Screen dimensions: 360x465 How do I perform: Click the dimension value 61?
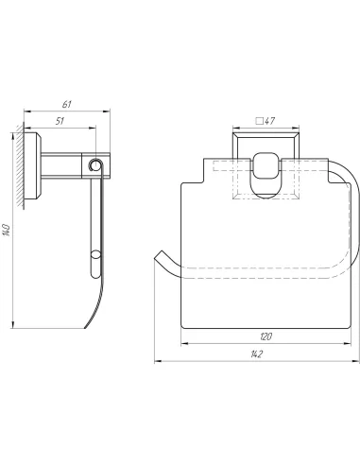coord(67,104)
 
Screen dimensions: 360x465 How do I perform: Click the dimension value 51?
coord(60,121)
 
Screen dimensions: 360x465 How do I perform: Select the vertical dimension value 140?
coord(7,231)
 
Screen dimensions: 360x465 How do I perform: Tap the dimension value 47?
coord(269,121)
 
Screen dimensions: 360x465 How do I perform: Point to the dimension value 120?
coord(266,336)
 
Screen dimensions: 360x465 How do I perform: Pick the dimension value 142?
coord(257,354)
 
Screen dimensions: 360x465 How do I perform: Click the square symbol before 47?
coord(260,121)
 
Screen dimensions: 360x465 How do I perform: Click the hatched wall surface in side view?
coord(20,166)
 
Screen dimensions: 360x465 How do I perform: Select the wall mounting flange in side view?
coord(33,166)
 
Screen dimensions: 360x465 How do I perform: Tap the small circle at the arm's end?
coord(94,164)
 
